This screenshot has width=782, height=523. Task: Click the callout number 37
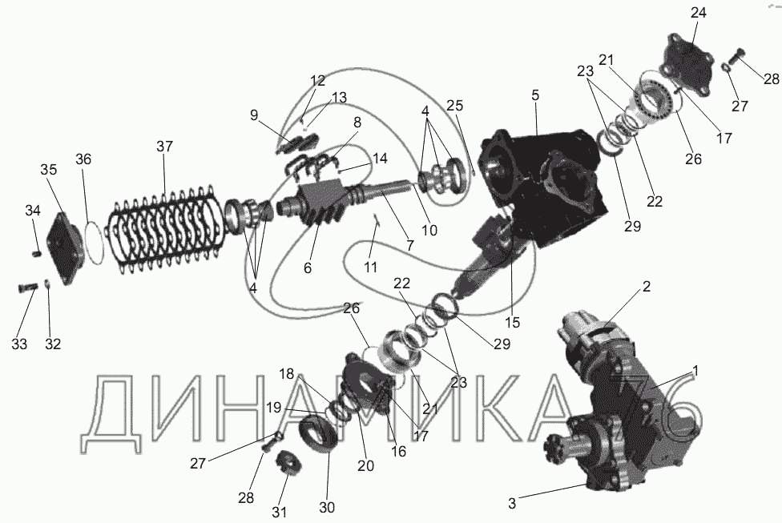click(164, 147)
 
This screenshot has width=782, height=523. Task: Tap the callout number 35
click(49, 170)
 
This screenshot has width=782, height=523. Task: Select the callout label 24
click(698, 13)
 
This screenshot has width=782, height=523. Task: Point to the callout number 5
click(535, 95)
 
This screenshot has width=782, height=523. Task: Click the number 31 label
click(280, 512)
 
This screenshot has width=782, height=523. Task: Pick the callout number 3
click(512, 504)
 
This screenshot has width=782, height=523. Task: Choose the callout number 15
click(512, 322)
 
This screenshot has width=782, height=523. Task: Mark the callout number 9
click(254, 115)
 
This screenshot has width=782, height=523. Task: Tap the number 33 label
click(19, 344)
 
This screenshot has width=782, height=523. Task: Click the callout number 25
click(455, 105)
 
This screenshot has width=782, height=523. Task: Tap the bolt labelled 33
click(27, 288)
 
